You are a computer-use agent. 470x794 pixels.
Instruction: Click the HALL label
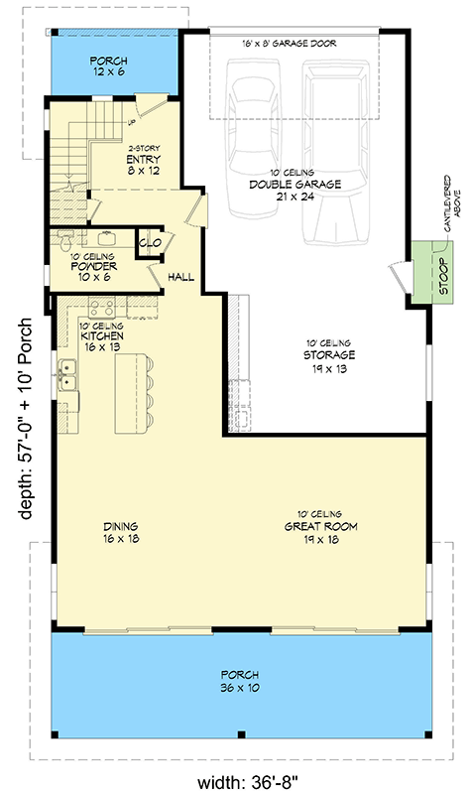coord(180,277)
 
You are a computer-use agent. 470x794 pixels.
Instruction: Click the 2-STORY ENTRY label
coord(144,158)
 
